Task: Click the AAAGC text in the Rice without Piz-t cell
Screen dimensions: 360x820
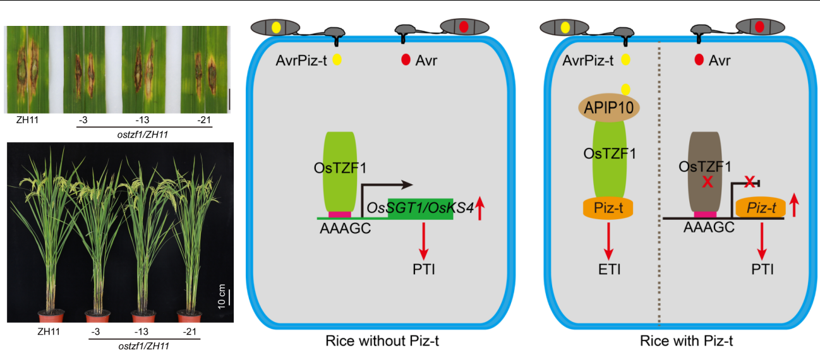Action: tap(344, 229)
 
